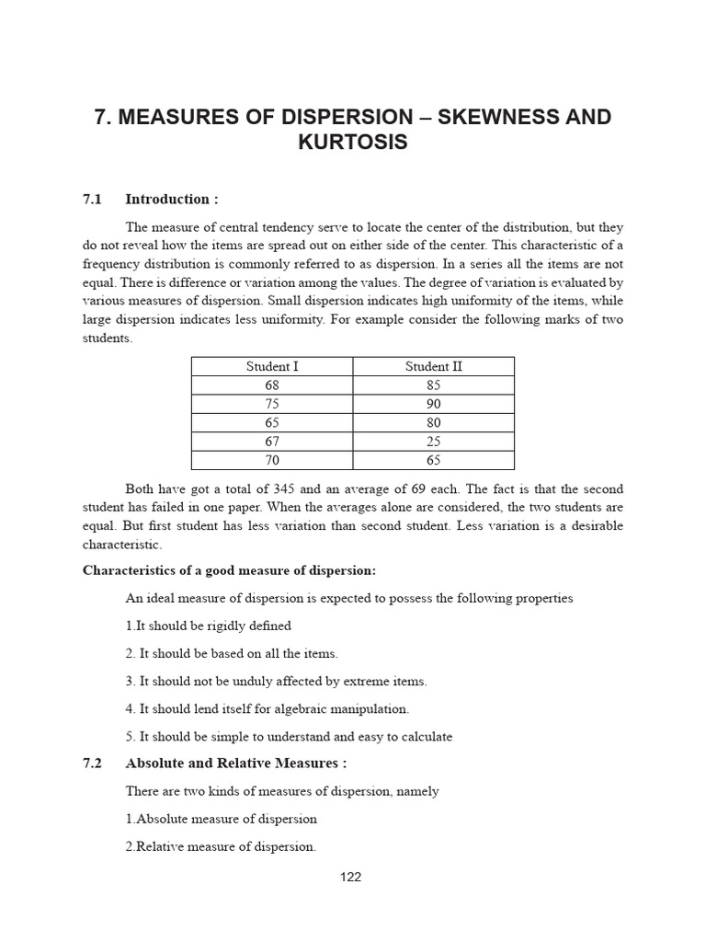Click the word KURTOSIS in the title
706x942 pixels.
pyautogui.click(x=352, y=145)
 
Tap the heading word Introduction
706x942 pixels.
pyautogui.click(x=167, y=199)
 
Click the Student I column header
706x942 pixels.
pyautogui.click(x=271, y=366)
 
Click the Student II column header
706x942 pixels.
pyautogui.click(x=434, y=366)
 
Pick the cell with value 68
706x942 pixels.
pyautogui.click(x=271, y=385)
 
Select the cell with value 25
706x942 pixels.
pyautogui.click(x=434, y=442)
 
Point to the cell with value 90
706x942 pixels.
pyautogui.click(x=434, y=404)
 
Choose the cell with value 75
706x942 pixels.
pyautogui.click(x=271, y=404)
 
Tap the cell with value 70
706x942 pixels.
pyautogui.click(x=271, y=460)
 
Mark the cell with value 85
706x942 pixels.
pyautogui.click(x=434, y=385)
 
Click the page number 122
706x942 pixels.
pyautogui.click(x=351, y=877)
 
